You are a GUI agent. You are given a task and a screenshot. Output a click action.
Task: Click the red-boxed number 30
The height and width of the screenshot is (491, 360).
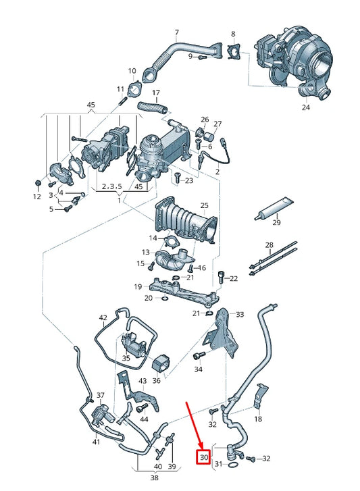204,457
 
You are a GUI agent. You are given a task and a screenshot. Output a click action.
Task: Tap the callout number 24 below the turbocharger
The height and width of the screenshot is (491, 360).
305,107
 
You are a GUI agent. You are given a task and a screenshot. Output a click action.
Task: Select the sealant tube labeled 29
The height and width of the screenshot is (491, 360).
274,209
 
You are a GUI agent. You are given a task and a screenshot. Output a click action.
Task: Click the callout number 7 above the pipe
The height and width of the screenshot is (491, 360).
177,32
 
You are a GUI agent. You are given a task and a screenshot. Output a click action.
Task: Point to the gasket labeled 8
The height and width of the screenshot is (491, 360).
233,52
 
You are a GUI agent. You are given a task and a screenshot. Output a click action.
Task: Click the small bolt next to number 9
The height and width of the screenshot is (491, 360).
201,57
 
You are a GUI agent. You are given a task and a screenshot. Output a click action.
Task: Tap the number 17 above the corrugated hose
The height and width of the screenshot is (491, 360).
156,93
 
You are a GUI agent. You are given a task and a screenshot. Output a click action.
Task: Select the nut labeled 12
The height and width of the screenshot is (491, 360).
37,182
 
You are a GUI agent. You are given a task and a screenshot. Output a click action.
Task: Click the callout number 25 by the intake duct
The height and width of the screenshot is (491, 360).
204,206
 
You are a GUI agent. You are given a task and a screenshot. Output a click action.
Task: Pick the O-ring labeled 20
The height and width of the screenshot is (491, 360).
165,298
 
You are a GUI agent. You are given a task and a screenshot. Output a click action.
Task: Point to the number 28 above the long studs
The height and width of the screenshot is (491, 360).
269,245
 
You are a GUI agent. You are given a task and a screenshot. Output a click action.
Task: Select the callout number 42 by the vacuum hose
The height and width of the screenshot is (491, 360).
103,317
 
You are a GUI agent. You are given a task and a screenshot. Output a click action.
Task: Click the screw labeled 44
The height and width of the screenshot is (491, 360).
143,408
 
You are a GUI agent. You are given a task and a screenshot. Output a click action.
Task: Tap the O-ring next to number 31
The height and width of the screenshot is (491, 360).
232,465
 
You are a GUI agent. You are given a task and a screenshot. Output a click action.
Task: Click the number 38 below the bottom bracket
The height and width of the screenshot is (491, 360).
154,478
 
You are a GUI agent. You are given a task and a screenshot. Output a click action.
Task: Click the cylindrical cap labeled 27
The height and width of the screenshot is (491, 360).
209,136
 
